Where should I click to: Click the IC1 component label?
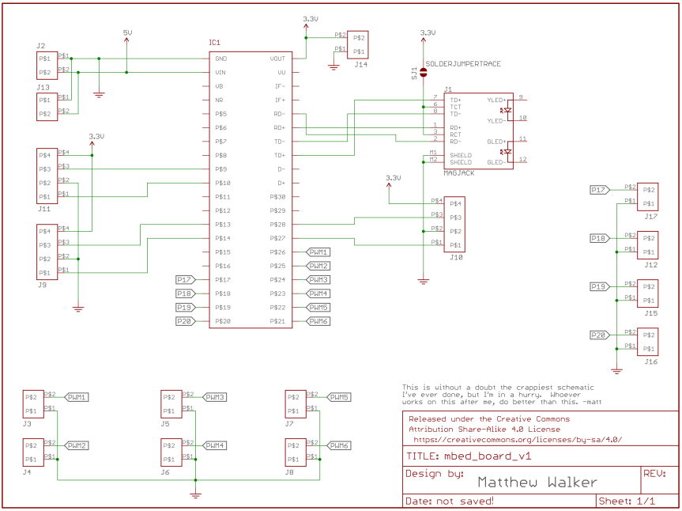pos(215,42)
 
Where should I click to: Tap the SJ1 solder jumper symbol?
pos(423,72)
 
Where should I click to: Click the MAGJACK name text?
pos(460,170)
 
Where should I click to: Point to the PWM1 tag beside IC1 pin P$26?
pos(318,252)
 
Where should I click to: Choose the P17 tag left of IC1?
pos(183,279)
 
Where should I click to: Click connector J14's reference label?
pos(360,63)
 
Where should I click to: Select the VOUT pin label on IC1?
pos(277,59)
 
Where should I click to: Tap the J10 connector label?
pos(454,257)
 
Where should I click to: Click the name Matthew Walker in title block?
pos(537,482)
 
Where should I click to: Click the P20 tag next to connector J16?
pos(599,335)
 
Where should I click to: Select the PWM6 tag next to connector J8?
pos(340,445)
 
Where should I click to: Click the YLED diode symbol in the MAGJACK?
pos(507,110)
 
